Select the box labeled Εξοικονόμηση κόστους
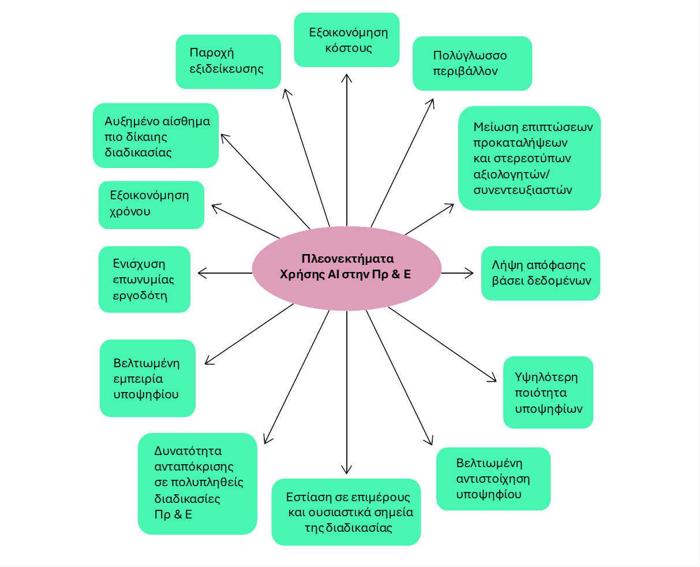(346, 40)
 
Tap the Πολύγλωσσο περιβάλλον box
(472, 64)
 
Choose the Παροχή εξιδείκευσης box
(228, 61)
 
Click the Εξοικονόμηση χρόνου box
(151, 204)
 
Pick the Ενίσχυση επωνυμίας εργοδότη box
(144, 279)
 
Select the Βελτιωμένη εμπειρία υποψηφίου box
(147, 378)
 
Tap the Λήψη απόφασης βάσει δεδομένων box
(540, 273)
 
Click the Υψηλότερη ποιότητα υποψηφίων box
(548, 393)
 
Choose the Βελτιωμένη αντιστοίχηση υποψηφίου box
(493, 479)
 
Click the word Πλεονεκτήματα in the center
(347, 258)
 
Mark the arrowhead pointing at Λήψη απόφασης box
(471, 273)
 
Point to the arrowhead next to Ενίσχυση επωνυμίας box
(200, 273)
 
